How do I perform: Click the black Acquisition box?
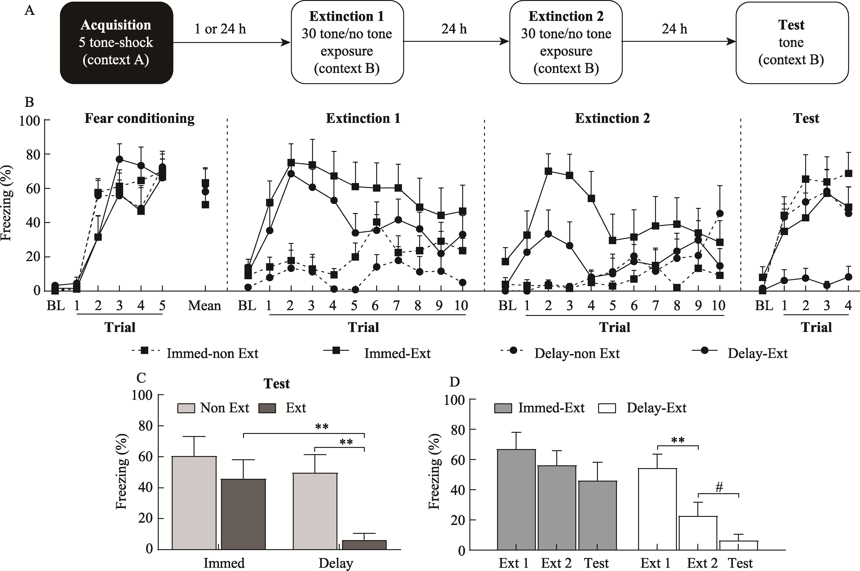tap(116, 43)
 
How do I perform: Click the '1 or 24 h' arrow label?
tap(220, 29)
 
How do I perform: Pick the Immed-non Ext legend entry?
tap(212, 354)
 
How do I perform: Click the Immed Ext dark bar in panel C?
tap(243, 514)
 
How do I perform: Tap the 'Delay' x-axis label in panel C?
tap(336, 563)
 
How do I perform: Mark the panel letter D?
tap(455, 382)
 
